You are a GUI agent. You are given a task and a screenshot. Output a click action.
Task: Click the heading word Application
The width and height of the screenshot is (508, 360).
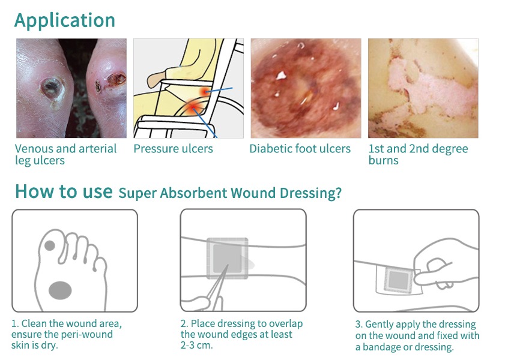pos(65,20)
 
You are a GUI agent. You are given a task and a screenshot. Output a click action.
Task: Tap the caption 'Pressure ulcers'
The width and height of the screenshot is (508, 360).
pos(173,149)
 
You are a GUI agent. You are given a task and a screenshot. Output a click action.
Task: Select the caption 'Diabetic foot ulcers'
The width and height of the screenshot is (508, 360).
pos(300,149)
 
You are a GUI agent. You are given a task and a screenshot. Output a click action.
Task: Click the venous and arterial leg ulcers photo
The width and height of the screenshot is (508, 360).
pos(71,88)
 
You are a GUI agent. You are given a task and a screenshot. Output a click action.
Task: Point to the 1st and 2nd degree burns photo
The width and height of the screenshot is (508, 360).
pos(423,88)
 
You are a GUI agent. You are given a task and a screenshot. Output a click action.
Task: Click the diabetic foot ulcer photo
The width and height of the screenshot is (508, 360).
pos(306,88)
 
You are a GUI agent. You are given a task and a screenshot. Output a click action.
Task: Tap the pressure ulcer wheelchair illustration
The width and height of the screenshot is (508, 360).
pos(188,88)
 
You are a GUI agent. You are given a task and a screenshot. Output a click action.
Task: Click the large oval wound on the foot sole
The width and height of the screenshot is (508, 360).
pos(60,290)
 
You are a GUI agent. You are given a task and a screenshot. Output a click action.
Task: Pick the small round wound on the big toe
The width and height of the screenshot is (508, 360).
pos(49,245)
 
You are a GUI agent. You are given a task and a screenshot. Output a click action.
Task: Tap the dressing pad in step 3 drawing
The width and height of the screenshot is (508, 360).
pos(396,278)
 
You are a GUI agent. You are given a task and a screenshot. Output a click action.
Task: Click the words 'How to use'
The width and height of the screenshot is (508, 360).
pos(64,191)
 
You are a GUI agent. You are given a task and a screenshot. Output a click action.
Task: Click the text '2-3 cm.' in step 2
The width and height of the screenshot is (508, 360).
pos(196,346)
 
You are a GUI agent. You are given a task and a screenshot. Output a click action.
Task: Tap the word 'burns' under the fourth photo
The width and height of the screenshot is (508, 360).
pos(383,161)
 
